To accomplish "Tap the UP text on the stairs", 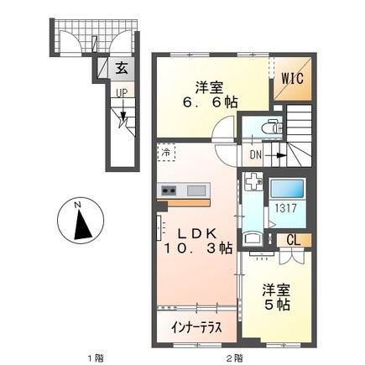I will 123,92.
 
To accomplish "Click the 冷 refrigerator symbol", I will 167,154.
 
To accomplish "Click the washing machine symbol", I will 253,185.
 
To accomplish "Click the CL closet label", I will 295,240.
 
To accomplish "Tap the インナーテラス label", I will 197,328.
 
